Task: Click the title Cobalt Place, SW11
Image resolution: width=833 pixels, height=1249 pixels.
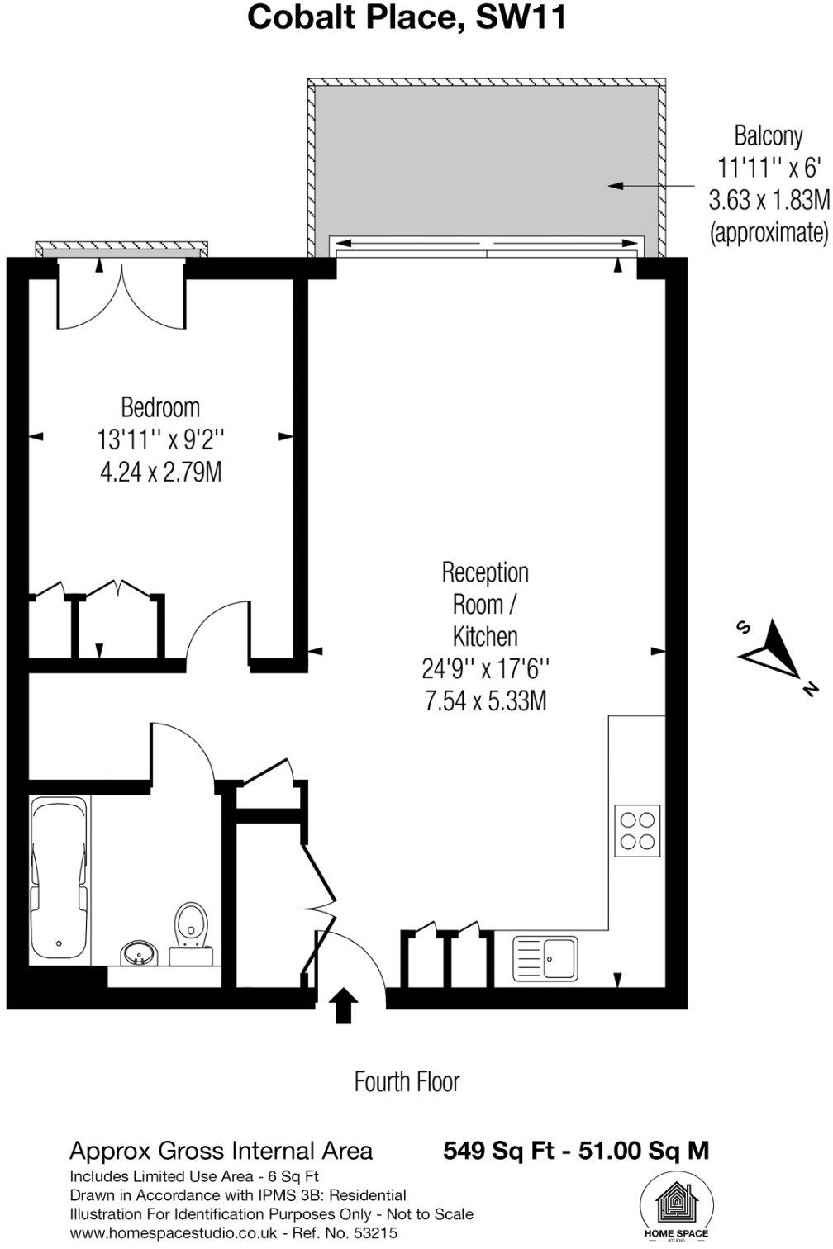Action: (x=407, y=17)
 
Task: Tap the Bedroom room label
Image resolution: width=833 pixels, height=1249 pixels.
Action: (x=160, y=407)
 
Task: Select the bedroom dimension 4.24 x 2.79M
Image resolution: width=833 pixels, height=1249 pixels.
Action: (x=160, y=473)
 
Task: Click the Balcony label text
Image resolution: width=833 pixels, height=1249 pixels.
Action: (x=768, y=135)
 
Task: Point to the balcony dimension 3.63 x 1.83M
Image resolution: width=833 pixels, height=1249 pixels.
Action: (x=768, y=200)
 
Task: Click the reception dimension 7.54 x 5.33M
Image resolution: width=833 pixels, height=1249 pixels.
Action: (x=485, y=701)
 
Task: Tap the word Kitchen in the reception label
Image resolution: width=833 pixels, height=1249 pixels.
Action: (x=485, y=636)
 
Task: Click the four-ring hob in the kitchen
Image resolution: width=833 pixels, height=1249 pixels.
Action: (x=638, y=830)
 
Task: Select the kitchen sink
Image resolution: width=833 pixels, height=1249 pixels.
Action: (x=545, y=958)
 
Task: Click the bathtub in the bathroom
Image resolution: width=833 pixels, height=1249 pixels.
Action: (x=59, y=878)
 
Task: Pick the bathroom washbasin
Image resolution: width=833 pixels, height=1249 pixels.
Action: (x=137, y=954)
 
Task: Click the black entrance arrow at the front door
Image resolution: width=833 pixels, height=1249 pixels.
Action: (x=344, y=1007)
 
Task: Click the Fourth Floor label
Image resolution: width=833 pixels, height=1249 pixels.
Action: (x=407, y=1081)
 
